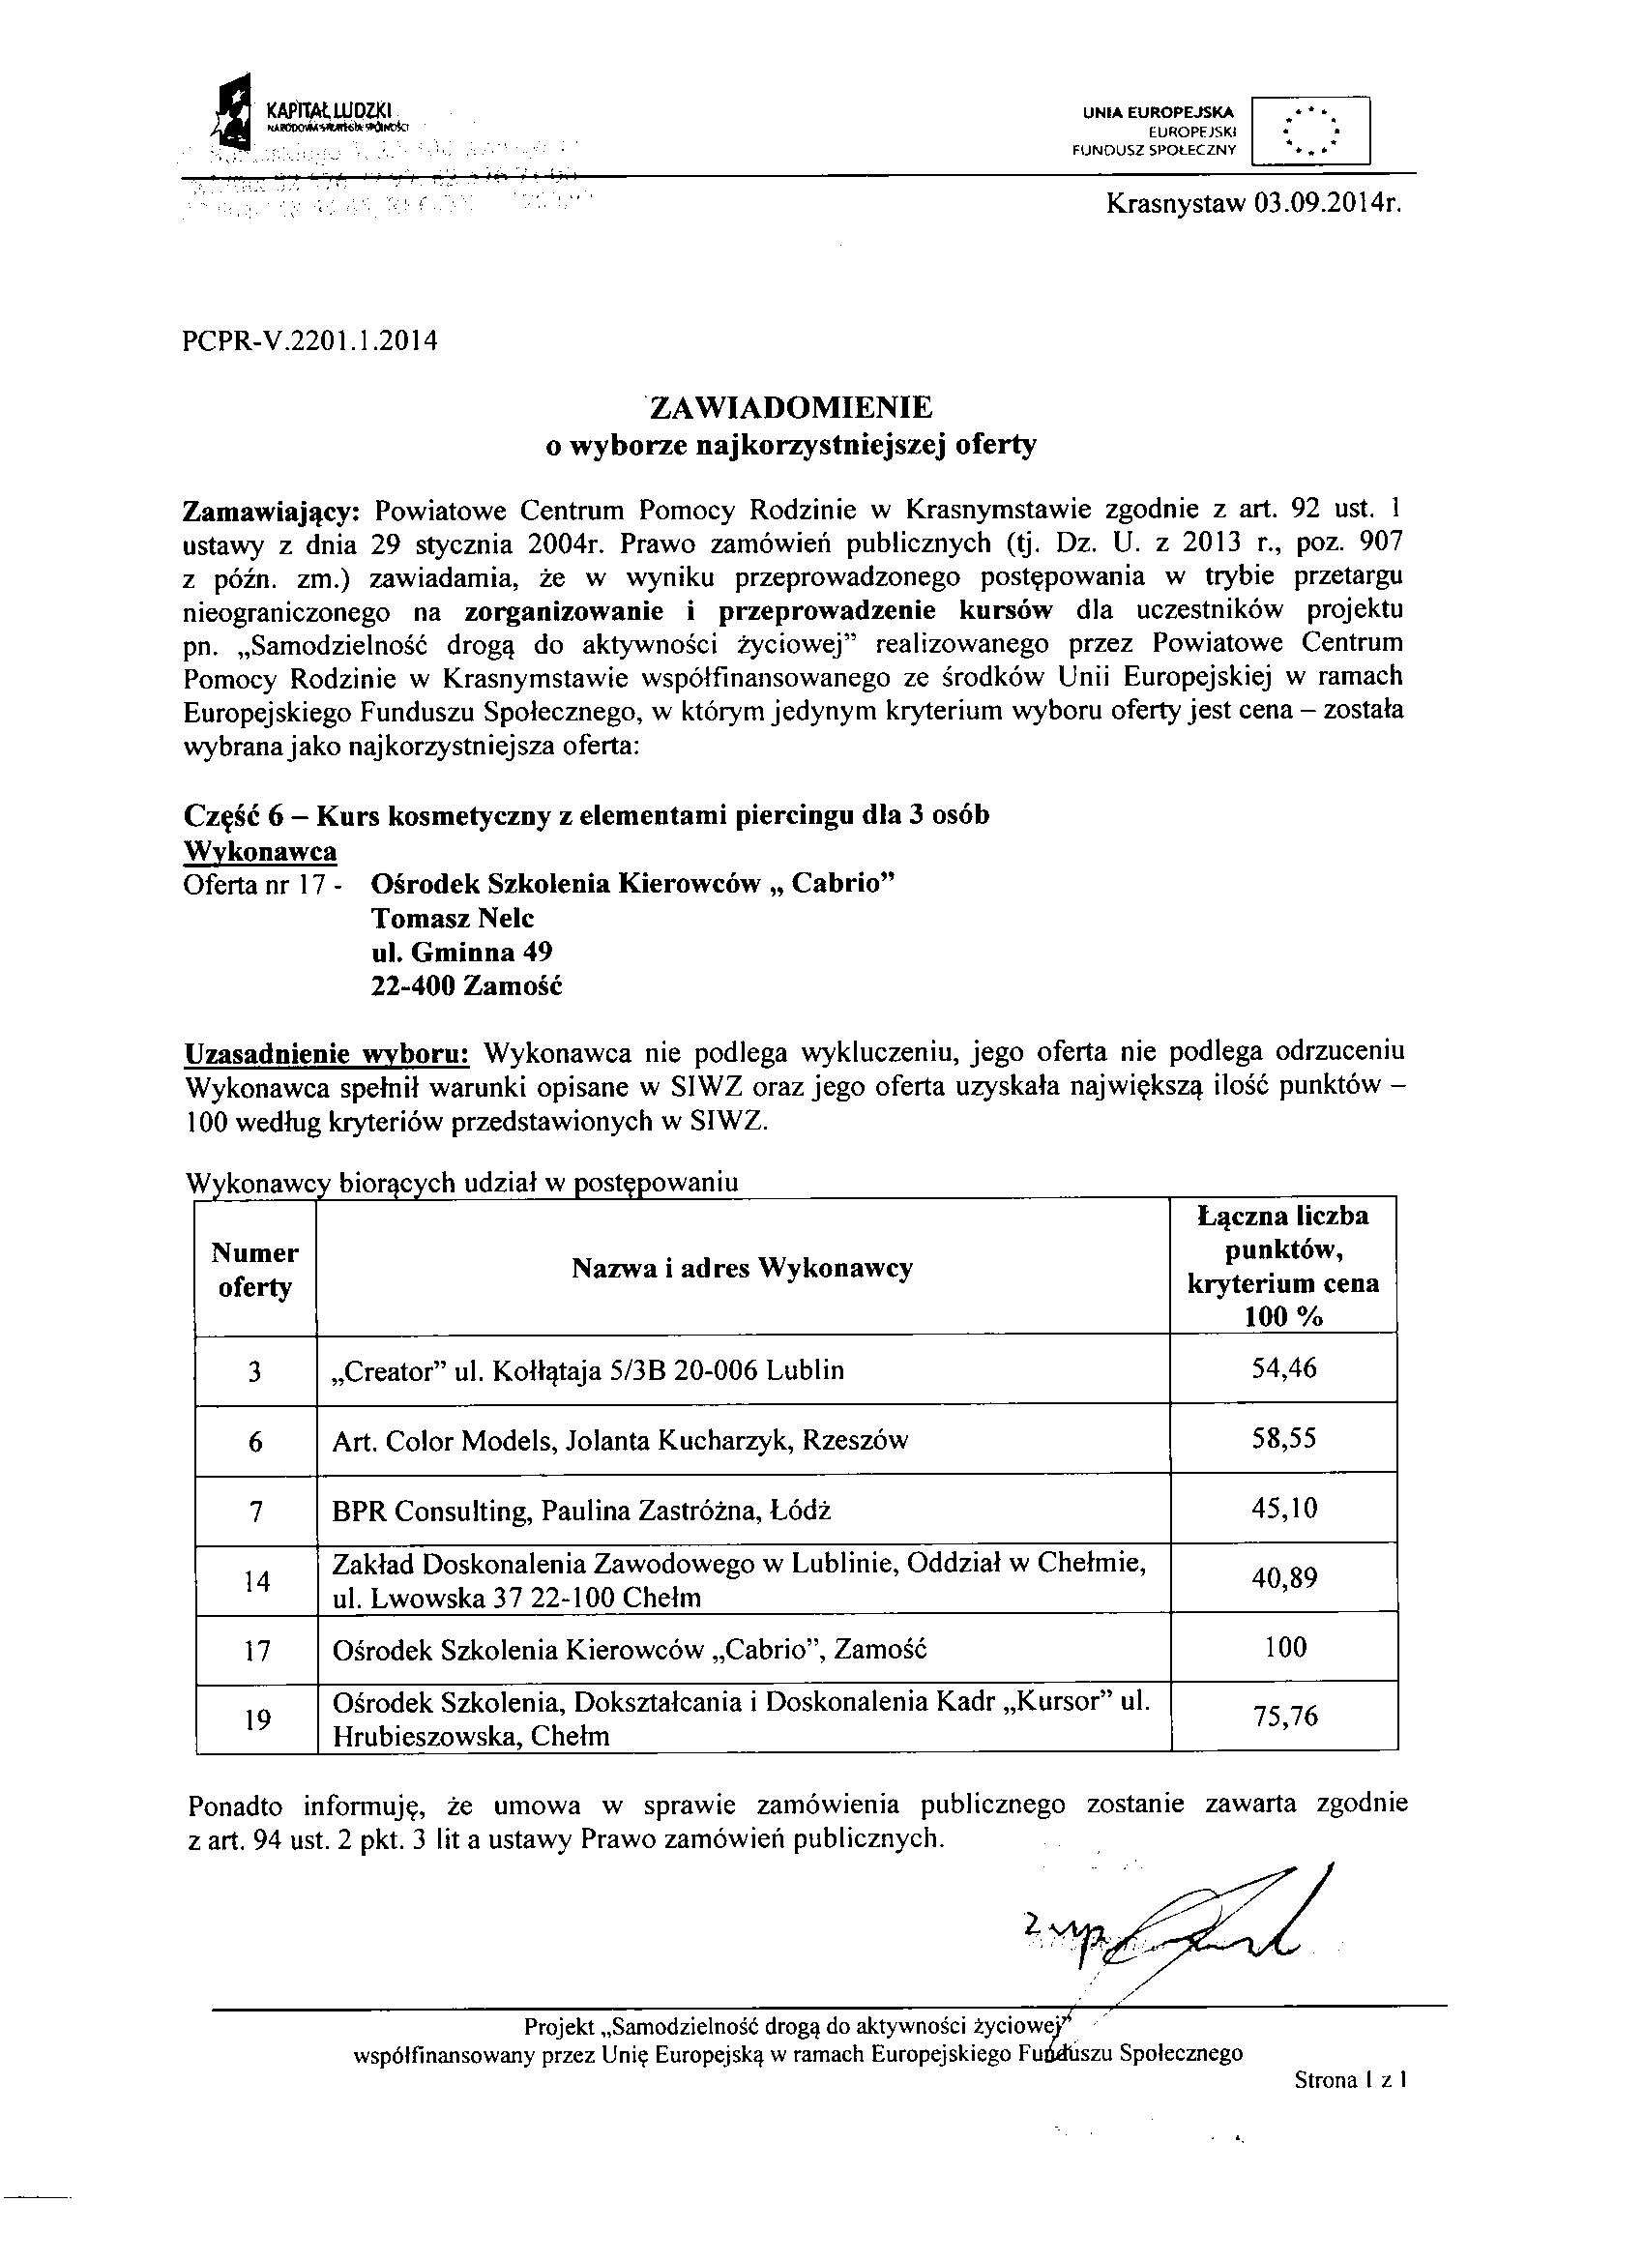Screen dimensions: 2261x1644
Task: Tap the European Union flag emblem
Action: [x=1310, y=130]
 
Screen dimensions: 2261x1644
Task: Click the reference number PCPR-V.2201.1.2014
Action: [x=311, y=341]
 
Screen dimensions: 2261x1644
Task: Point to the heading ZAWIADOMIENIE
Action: [x=791, y=407]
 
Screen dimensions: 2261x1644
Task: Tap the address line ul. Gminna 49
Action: [x=455, y=952]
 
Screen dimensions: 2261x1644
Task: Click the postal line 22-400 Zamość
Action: [x=465, y=987]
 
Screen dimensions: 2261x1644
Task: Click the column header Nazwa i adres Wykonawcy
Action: [x=742, y=1268]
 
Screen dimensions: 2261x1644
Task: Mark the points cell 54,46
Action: [x=1283, y=1367]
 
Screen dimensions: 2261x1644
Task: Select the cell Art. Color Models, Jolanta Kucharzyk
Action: [x=619, y=1441]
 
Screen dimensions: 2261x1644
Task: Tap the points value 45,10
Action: [x=1283, y=1509]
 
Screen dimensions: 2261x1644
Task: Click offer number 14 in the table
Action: [x=256, y=1580]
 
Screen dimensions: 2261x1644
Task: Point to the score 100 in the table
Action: [x=1284, y=1647]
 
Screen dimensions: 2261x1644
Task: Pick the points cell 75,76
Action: [x=1284, y=1717]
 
